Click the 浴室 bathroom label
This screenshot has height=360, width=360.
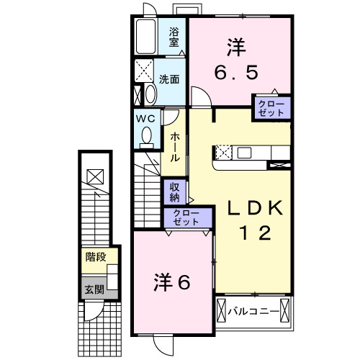175,37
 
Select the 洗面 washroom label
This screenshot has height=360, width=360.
170,79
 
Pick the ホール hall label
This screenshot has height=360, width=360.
175,147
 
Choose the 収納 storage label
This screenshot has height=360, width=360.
175,192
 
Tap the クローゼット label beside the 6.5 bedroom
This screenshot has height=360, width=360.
271,107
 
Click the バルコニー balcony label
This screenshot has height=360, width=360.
253,312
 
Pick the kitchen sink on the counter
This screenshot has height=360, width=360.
243,152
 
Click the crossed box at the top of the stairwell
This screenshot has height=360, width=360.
94,176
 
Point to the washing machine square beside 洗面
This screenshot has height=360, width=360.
144,72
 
